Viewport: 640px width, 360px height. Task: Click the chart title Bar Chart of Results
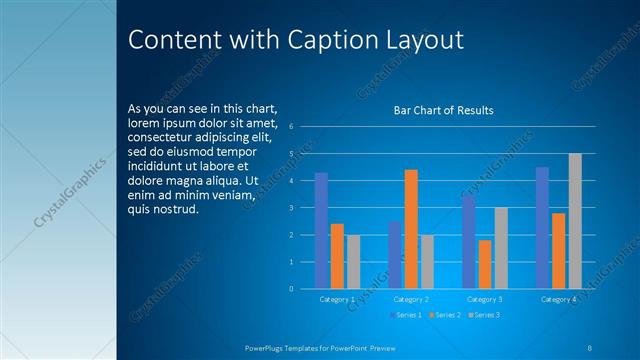pyautogui.click(x=443, y=110)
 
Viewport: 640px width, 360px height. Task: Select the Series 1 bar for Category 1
pyautogui.click(x=321, y=230)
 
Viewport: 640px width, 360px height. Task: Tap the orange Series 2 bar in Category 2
pyautogui.click(x=411, y=229)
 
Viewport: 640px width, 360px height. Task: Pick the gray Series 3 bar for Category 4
pyautogui.click(x=575, y=221)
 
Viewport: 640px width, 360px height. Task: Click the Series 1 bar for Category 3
pyautogui.click(x=468, y=241)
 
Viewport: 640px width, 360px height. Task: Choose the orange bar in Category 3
pyautogui.click(x=485, y=264)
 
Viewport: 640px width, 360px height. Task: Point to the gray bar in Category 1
pyautogui.click(x=353, y=262)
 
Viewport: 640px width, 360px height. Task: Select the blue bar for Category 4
pyautogui.click(x=542, y=228)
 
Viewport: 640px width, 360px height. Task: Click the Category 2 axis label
pyautogui.click(x=411, y=299)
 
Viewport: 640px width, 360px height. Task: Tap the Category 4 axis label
pyautogui.click(x=559, y=299)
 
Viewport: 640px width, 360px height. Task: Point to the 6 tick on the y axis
pyautogui.click(x=290, y=126)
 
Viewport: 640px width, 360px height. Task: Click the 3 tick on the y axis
pyautogui.click(x=290, y=207)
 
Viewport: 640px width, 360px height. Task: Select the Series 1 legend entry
pyautogui.click(x=405, y=315)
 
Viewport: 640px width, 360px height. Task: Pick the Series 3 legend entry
pyautogui.click(x=483, y=315)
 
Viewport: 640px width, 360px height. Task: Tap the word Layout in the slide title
pyautogui.click(x=423, y=40)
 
